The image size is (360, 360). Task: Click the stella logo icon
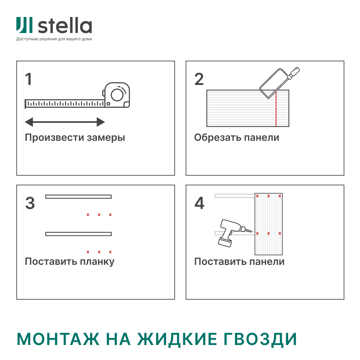pyautogui.click(x=24, y=25)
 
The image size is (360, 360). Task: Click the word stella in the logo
pyautogui.click(x=65, y=26)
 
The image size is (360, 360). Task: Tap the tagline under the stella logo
pyautogui.click(x=54, y=39)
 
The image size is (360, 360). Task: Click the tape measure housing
pyautogui.click(x=117, y=95)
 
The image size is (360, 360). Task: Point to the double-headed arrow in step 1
pyautogui.click(x=65, y=122)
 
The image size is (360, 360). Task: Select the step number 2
pyautogui.click(x=199, y=79)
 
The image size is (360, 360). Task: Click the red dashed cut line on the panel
pyautogui.click(x=276, y=110)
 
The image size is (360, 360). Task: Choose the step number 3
pyautogui.click(x=30, y=203)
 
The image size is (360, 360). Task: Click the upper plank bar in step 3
pyautogui.click(x=78, y=197)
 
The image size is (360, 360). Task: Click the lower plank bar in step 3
pyautogui.click(x=78, y=234)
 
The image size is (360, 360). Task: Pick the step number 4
pyautogui.click(x=199, y=203)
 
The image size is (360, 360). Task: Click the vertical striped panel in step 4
pyautogui.click(x=268, y=223)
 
